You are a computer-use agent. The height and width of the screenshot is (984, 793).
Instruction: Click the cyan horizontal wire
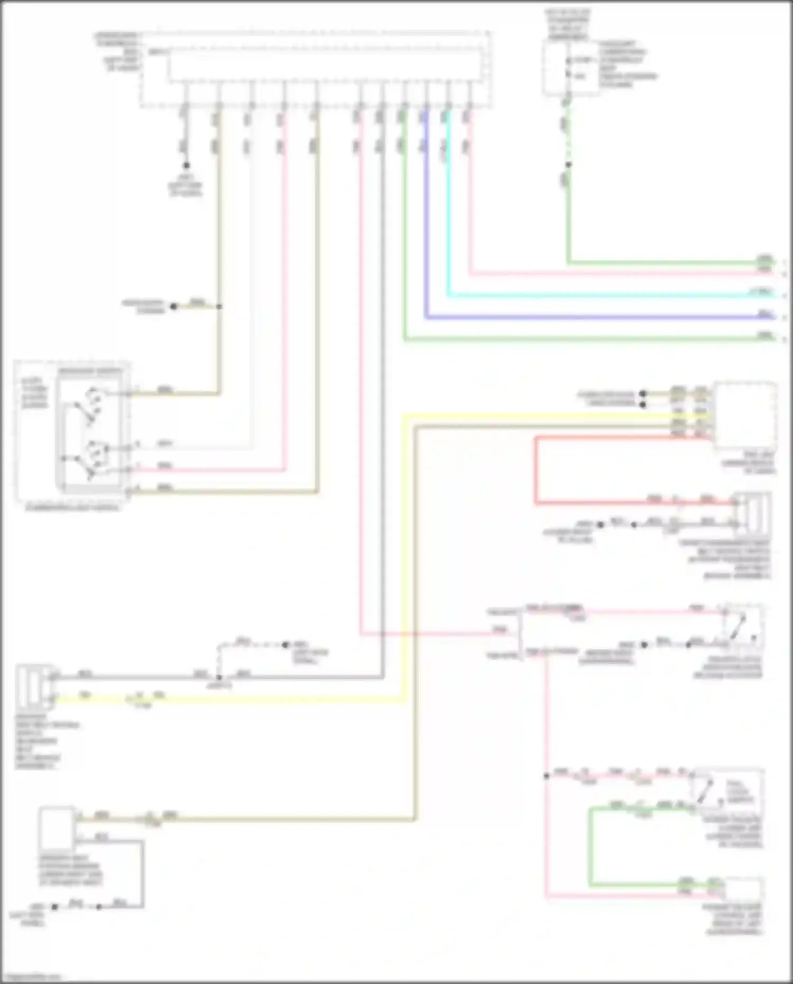[608, 296]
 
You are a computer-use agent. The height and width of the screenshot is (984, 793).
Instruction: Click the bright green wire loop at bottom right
[591, 846]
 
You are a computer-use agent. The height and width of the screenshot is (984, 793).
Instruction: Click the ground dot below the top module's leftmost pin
[186, 165]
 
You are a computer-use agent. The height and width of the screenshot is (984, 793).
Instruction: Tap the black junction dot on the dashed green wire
[568, 164]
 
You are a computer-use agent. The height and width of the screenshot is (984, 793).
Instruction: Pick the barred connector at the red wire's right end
[751, 513]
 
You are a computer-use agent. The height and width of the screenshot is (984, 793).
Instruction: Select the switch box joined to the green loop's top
[726, 790]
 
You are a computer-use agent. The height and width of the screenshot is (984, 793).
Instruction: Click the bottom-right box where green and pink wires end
[743, 889]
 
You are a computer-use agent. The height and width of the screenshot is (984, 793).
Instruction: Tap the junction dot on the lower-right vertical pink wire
[547, 776]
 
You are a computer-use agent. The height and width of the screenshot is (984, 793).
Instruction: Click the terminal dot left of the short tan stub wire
[173, 306]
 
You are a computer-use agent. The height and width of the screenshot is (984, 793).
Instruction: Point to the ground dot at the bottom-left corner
[55, 906]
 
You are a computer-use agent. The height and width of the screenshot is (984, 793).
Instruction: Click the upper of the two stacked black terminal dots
[642, 394]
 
